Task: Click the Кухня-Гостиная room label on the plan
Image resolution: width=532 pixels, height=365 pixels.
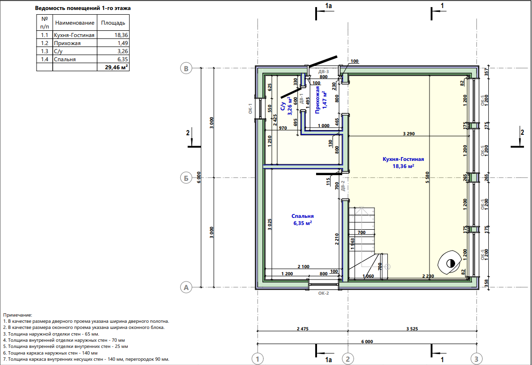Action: [x=403, y=159]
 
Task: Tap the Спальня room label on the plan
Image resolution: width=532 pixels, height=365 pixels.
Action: [x=302, y=216]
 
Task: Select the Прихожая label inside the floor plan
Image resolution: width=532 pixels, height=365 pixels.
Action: [x=317, y=99]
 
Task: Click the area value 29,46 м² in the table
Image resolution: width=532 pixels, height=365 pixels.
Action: [x=116, y=67]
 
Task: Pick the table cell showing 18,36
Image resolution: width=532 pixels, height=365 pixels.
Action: [x=121, y=35]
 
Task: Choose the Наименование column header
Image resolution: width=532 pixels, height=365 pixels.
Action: [x=75, y=23]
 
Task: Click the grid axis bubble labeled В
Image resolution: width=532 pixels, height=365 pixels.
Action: [x=186, y=68]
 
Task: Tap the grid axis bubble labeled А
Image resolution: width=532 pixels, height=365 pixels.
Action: [x=186, y=288]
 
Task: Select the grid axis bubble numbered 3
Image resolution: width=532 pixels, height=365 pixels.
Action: [x=476, y=358]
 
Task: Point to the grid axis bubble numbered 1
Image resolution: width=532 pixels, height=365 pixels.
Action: [x=258, y=358]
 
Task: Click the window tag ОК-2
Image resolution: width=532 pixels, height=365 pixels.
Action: [x=323, y=293]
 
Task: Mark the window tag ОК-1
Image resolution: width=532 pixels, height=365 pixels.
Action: [x=251, y=109]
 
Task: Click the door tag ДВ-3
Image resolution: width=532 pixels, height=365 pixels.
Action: [x=323, y=72]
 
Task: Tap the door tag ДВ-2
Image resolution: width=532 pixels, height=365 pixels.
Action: [x=343, y=186]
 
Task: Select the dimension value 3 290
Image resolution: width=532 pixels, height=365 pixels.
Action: [x=409, y=134]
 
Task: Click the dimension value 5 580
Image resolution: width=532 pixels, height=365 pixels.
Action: [x=428, y=178]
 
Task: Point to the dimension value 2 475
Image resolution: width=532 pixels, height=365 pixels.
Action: [x=303, y=329]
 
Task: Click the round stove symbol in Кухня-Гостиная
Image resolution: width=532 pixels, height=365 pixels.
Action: [x=450, y=262]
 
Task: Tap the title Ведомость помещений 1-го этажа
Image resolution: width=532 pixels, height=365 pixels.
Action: [x=83, y=8]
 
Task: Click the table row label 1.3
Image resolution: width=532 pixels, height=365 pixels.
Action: [x=45, y=51]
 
